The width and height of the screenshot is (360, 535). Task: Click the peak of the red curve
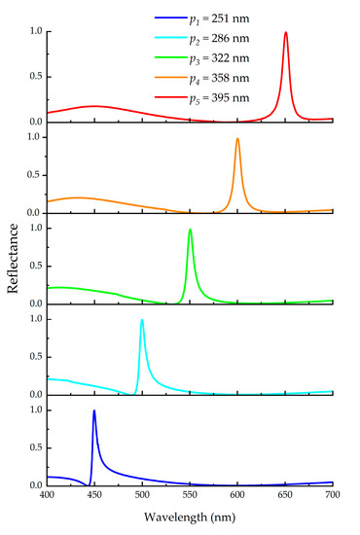(285, 32)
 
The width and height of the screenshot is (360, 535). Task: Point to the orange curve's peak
(237, 138)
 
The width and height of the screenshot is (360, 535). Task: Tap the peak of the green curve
(190, 230)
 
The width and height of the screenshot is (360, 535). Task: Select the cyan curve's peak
(142, 320)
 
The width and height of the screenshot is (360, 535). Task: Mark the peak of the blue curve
(94, 410)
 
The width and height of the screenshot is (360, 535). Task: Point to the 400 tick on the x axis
(47, 496)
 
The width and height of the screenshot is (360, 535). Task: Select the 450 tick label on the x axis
(94, 496)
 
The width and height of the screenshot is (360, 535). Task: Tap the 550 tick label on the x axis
(190, 496)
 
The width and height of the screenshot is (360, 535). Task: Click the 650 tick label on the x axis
(285, 496)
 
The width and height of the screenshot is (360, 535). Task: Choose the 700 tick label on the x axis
(332, 496)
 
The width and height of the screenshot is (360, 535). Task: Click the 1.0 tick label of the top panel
(34, 31)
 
